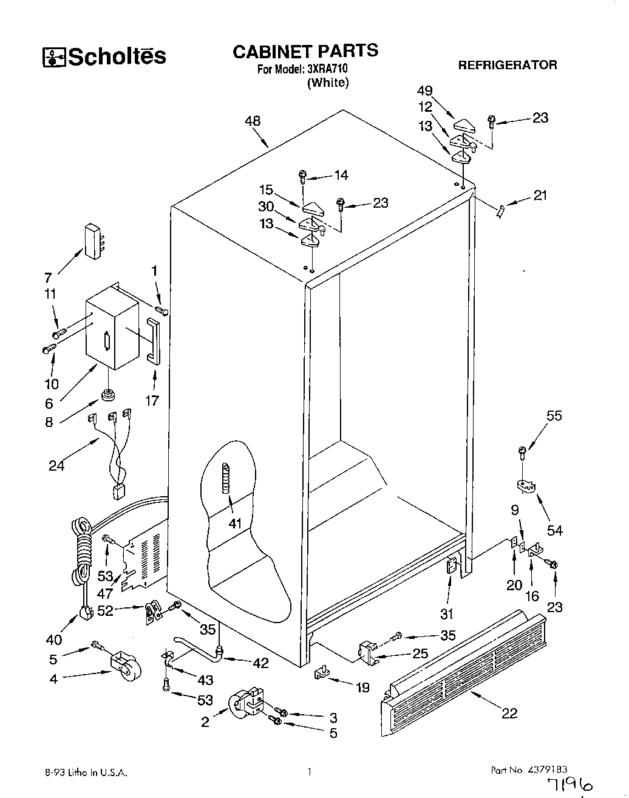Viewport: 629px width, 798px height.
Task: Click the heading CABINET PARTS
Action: click(x=305, y=51)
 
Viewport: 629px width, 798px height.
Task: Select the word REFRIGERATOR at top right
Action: click(x=507, y=65)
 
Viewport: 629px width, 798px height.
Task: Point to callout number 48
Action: click(x=253, y=121)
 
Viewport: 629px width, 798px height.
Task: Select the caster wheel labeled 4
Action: click(x=126, y=668)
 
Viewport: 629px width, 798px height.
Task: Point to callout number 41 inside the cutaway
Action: click(x=235, y=523)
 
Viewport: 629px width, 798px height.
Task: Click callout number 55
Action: click(x=554, y=416)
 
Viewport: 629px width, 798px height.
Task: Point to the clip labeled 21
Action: click(x=500, y=211)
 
